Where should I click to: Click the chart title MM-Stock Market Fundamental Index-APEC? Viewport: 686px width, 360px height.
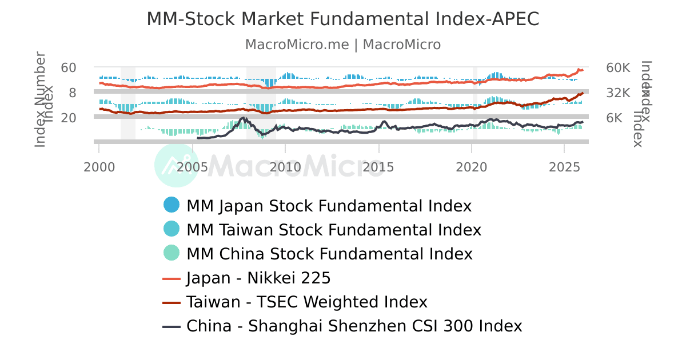343,19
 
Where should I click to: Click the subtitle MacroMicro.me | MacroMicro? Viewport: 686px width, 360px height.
343,45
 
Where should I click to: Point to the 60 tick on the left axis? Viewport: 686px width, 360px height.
69,67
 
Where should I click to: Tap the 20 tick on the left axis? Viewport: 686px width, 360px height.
69,118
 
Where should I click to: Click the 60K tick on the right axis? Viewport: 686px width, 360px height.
618,67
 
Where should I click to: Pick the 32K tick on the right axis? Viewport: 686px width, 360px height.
618,93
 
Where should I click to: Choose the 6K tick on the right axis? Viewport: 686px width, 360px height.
615,118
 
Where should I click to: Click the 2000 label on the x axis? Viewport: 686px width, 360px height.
99,167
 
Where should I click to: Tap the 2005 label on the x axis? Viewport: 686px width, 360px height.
192,167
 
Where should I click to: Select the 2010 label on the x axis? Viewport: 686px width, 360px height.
285,167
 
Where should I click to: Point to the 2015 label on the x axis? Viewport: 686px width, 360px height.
378,167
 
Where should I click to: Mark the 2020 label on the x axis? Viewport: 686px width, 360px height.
472,167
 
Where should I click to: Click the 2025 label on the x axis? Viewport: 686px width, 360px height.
564,167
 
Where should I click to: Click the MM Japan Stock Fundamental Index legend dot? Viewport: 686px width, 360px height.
171,205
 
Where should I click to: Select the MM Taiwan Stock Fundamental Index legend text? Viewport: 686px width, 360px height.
334,230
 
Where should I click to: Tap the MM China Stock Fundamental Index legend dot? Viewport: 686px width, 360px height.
171,253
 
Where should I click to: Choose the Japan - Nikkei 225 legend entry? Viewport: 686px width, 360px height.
258,278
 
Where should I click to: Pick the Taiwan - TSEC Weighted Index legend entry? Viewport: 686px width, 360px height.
307,302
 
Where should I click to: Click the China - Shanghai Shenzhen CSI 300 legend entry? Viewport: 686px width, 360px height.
354,326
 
